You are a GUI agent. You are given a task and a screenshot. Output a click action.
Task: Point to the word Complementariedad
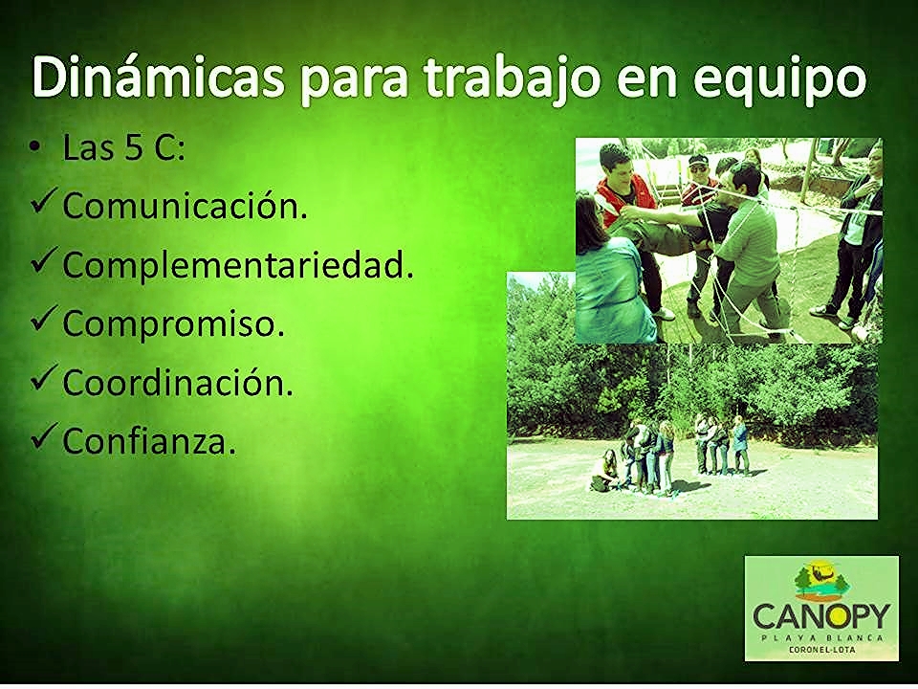[x=238, y=265]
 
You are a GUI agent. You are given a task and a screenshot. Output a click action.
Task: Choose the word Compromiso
[x=173, y=323]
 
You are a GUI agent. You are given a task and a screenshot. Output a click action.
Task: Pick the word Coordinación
[x=178, y=382]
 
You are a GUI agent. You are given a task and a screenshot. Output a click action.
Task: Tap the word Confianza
[x=149, y=440]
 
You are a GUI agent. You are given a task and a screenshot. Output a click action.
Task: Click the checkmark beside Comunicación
[x=45, y=200]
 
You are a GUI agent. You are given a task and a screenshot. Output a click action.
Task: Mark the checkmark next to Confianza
[x=45, y=436]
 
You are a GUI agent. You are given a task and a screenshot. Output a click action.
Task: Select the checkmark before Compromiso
[x=45, y=318]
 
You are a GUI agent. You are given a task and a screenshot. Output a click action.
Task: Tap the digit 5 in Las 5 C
[x=134, y=147]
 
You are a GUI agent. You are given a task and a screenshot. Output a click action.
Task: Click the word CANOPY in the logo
[x=821, y=616]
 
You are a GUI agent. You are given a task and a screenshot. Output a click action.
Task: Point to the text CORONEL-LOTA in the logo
[x=821, y=650]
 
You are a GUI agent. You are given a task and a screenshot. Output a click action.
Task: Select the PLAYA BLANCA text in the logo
[x=821, y=637]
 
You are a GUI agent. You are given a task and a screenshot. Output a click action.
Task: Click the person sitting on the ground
[x=605, y=471]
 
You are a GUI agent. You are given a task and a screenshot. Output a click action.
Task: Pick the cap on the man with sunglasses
[x=698, y=160]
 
